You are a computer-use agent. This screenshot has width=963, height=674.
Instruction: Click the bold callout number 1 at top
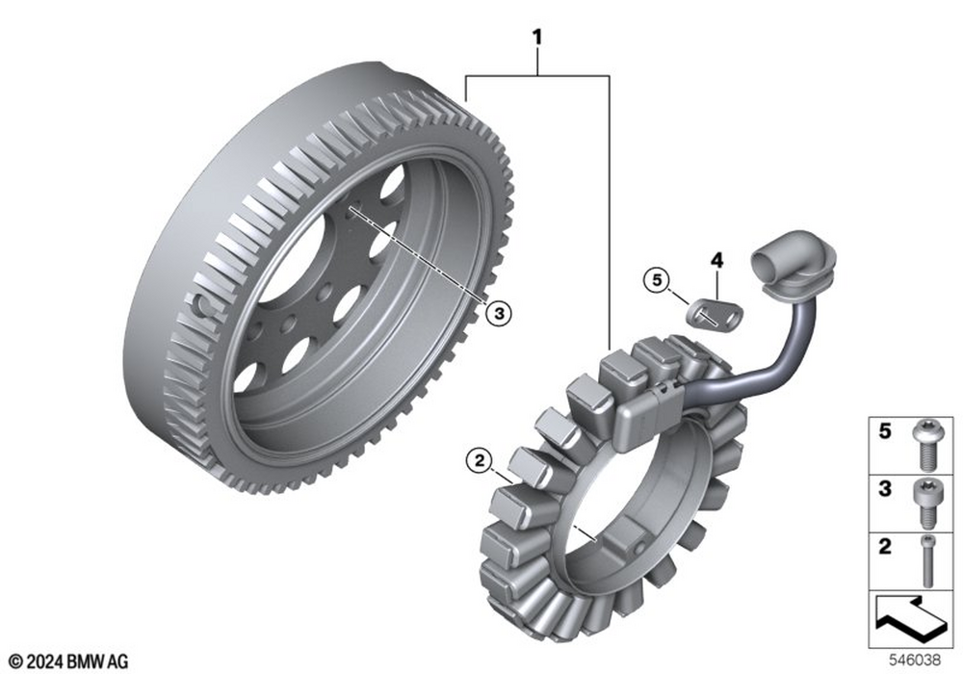coord(537,39)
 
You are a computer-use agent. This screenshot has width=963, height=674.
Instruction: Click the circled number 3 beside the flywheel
coord(498,314)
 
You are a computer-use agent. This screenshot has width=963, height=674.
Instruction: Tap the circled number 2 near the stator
coord(480,459)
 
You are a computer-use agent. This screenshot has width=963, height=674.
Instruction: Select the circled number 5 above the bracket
coord(657,281)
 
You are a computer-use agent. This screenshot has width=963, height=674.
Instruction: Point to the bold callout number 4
coord(716,260)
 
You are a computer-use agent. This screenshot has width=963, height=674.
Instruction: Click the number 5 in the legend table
coord(884,431)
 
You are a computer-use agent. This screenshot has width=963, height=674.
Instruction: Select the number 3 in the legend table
coord(884,489)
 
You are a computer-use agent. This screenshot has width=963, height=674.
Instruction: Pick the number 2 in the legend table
coord(884,546)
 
